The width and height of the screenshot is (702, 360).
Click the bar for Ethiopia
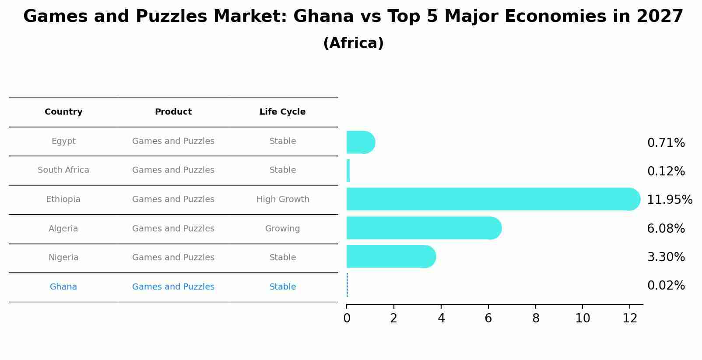[490, 199]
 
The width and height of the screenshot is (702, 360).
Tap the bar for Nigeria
[390, 256]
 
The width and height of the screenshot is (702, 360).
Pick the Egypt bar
[360, 142]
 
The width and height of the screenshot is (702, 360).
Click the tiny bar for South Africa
[348, 171]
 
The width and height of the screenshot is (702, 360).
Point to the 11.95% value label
[669, 200]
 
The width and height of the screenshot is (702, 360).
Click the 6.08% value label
[666, 228]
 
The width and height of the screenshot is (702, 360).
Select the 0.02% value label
[666, 286]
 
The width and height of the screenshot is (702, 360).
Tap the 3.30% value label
[666, 257]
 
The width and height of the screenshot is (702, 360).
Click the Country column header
[63, 112]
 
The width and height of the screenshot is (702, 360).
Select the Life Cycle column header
[282, 112]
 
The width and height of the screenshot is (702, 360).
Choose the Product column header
[173, 112]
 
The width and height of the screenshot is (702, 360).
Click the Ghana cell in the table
[63, 287]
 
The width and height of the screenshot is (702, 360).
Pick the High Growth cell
[283, 199]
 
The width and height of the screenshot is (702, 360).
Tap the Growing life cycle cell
[282, 229]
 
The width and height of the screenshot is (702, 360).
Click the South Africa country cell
[63, 170]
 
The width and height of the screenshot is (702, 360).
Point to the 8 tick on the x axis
[536, 318]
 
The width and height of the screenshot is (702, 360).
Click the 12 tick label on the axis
[630, 318]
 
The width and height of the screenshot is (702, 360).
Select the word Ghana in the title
[323, 17]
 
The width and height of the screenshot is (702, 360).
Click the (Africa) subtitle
[353, 43]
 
